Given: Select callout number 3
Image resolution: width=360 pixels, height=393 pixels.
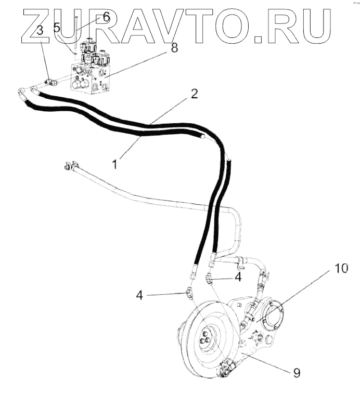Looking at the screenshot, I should [39, 30].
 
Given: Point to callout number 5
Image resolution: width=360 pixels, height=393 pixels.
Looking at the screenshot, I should [57, 27].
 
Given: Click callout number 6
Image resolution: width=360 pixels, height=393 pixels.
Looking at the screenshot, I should [106, 17].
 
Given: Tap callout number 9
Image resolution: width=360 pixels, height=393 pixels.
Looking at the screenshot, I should [297, 373].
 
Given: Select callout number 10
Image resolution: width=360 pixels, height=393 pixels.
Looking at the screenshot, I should [340, 268].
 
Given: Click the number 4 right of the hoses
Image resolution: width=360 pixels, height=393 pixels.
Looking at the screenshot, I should [238, 277].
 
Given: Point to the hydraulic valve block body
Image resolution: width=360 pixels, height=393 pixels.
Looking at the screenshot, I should [91, 78].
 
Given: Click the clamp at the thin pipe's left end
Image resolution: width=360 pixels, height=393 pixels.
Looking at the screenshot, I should [67, 167].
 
